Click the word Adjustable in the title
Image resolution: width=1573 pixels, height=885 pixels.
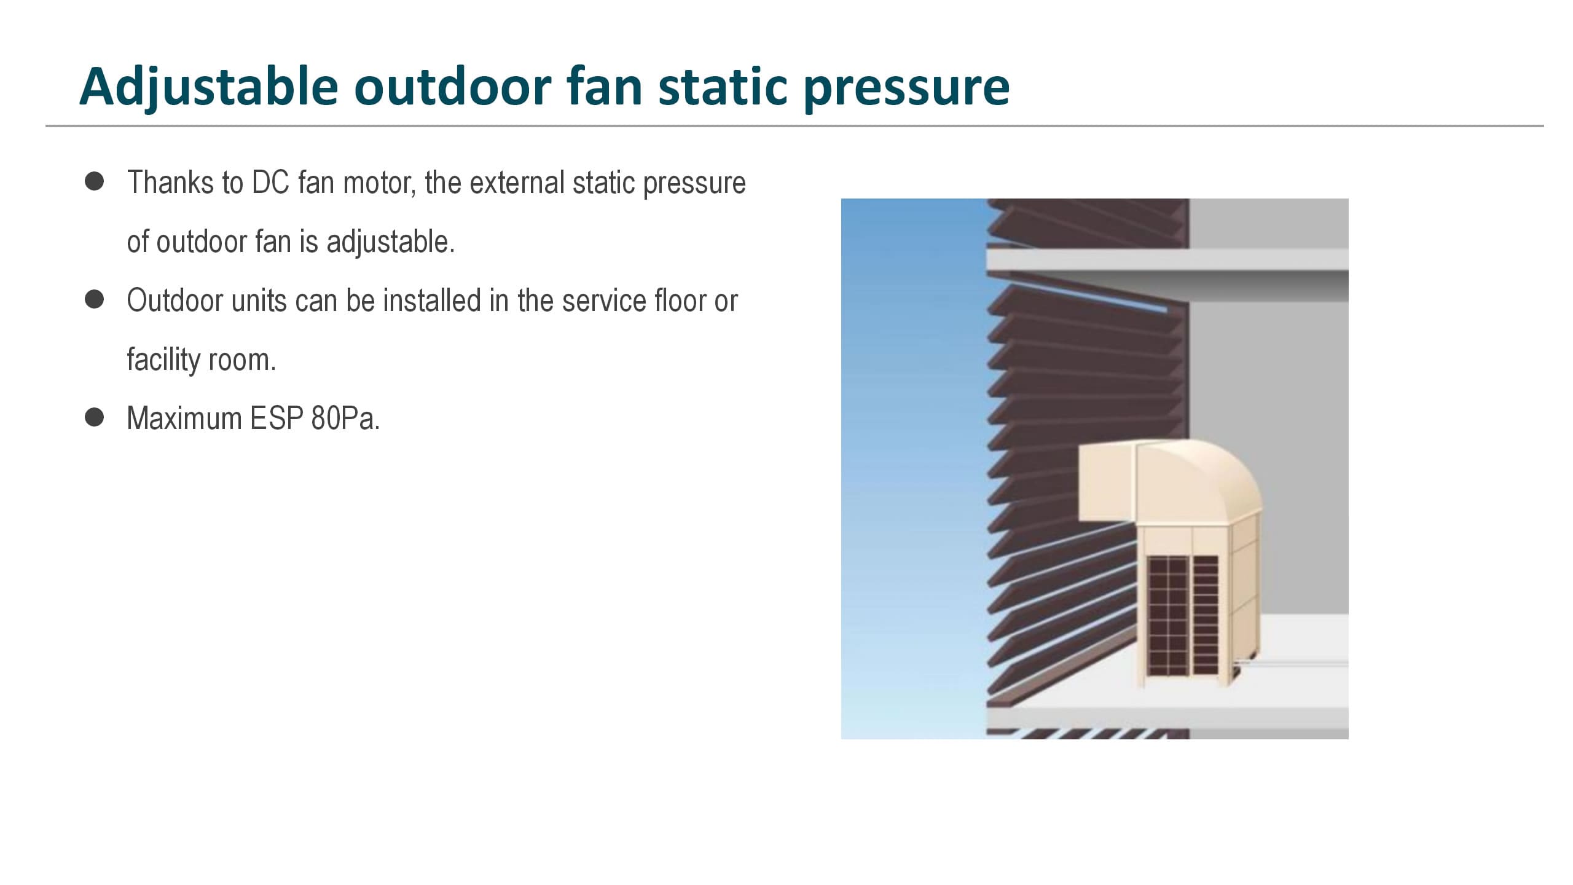[209, 87]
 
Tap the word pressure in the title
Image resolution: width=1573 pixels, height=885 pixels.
[906, 88]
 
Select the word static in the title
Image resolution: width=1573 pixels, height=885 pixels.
[723, 87]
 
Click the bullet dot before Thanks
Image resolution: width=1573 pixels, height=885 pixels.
[94, 182]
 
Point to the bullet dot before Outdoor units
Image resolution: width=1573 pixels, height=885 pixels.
[94, 299]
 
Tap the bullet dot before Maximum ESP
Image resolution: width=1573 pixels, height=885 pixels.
[94, 417]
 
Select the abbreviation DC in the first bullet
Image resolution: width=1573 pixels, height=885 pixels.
[270, 183]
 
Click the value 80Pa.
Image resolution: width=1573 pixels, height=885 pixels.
[345, 419]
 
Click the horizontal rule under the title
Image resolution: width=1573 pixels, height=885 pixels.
[794, 126]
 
